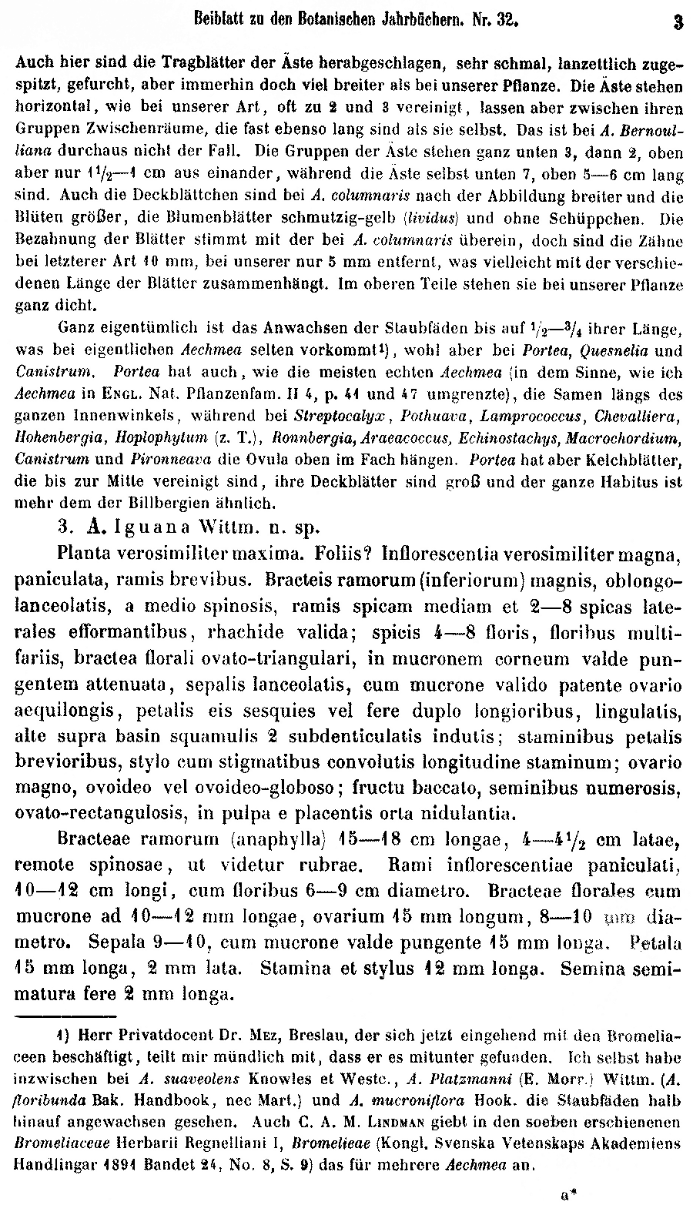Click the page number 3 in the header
[x=678, y=22]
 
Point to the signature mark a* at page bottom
[x=569, y=1194]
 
